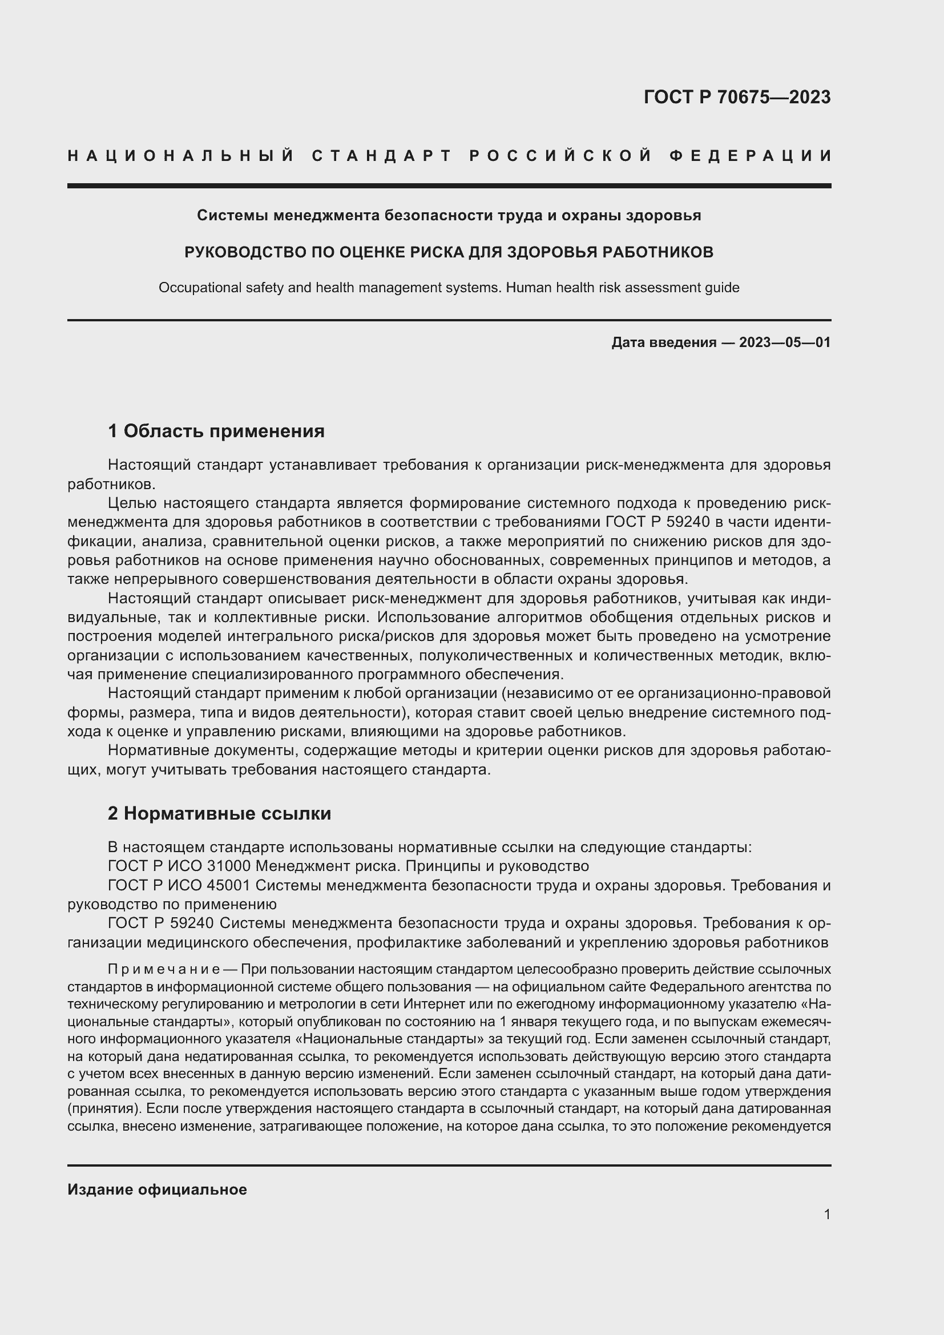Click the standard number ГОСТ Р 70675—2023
737,97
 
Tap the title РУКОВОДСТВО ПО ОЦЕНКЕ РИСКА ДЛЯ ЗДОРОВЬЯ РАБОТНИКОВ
449,252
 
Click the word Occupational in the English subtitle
195,288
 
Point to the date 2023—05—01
785,342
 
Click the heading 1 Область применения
216,431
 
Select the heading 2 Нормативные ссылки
220,813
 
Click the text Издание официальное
157,1189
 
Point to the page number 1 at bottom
827,1214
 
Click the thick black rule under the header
449,186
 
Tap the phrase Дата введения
663,342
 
